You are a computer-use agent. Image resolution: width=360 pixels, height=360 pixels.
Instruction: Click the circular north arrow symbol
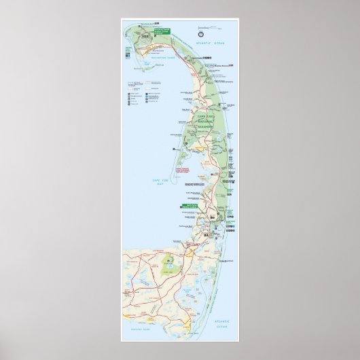click(201, 33)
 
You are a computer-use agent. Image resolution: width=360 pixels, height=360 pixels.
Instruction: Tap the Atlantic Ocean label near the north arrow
click(206, 43)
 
